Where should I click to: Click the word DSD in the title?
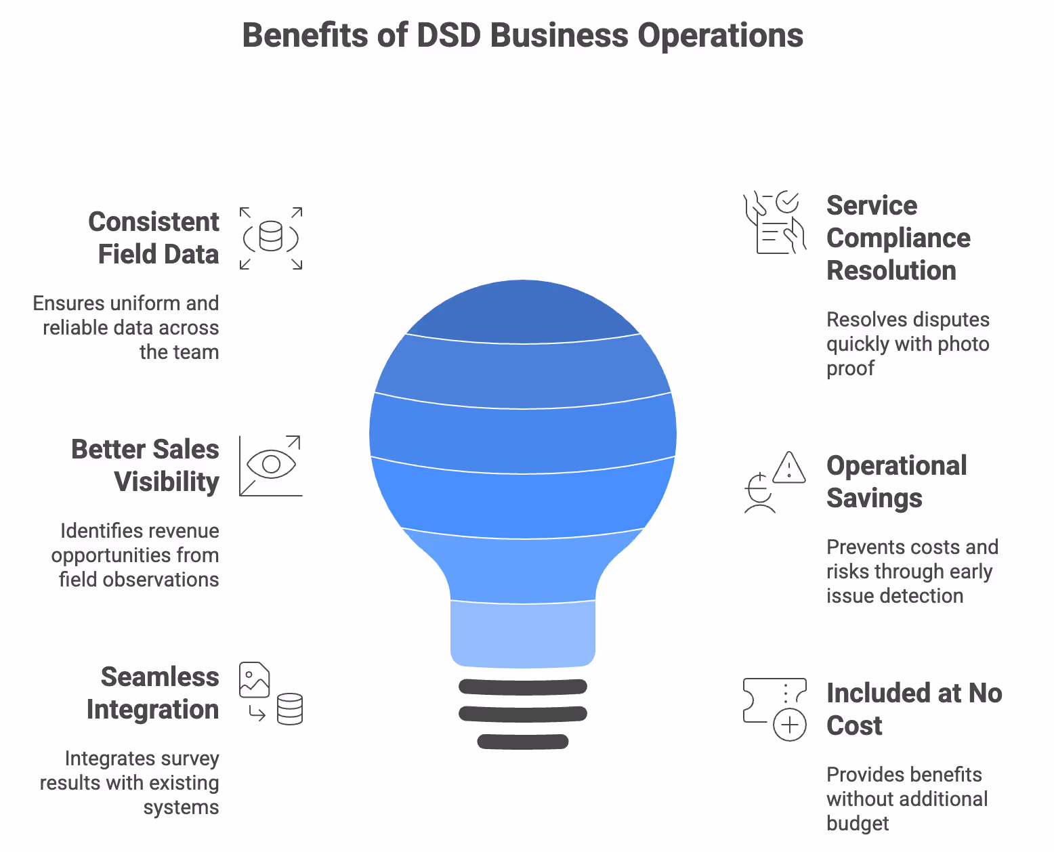(448, 35)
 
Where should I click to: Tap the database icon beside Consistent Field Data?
(271, 237)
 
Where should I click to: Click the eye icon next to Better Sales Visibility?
(271, 465)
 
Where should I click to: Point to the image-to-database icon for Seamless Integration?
(271, 694)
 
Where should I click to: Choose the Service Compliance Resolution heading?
(898, 238)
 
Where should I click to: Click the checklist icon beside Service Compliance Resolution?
(775, 223)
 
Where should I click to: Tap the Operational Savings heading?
(895, 482)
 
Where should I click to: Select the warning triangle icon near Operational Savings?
(789, 468)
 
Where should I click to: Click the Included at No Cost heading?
(913, 709)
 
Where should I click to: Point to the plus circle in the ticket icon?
(790, 725)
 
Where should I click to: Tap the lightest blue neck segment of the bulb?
(523, 633)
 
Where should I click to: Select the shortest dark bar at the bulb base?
(523, 742)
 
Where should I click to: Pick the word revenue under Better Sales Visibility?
(187, 531)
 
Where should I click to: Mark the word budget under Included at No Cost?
(857, 824)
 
